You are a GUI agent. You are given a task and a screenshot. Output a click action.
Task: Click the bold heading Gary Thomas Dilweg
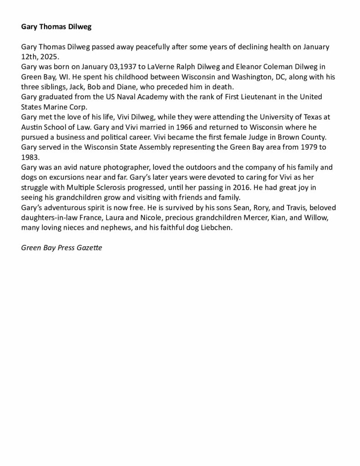point(56,27)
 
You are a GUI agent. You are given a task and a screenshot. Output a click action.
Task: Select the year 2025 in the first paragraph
point(50,56)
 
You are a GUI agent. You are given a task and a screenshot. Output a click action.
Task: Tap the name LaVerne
point(160,66)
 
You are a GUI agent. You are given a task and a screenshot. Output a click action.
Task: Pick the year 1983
point(30,157)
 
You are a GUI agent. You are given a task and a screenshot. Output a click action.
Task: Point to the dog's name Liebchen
point(216,228)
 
